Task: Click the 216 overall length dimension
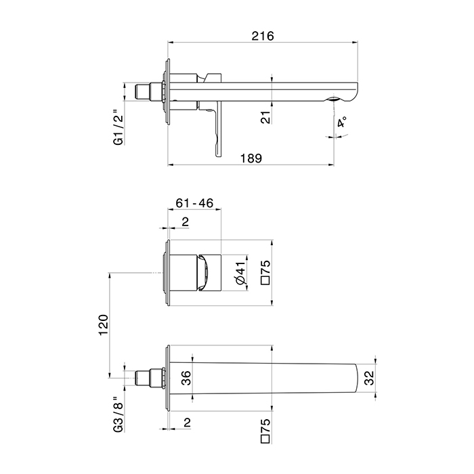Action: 263,36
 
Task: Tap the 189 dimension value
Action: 251,158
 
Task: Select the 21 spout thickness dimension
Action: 265,117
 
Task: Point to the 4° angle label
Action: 342,122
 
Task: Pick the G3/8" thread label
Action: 118,414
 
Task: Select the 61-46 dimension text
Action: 194,203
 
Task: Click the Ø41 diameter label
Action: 242,273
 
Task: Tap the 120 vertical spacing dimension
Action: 104,325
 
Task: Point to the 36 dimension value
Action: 186,378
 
